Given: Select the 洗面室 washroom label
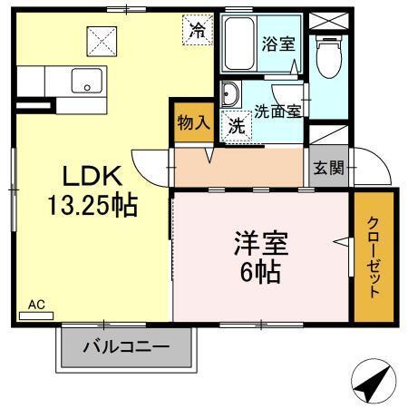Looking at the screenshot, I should point(277,112).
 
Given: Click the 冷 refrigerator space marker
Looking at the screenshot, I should point(197,29).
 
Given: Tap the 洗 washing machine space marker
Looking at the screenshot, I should point(236,126).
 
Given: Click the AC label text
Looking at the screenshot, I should point(36,305).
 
